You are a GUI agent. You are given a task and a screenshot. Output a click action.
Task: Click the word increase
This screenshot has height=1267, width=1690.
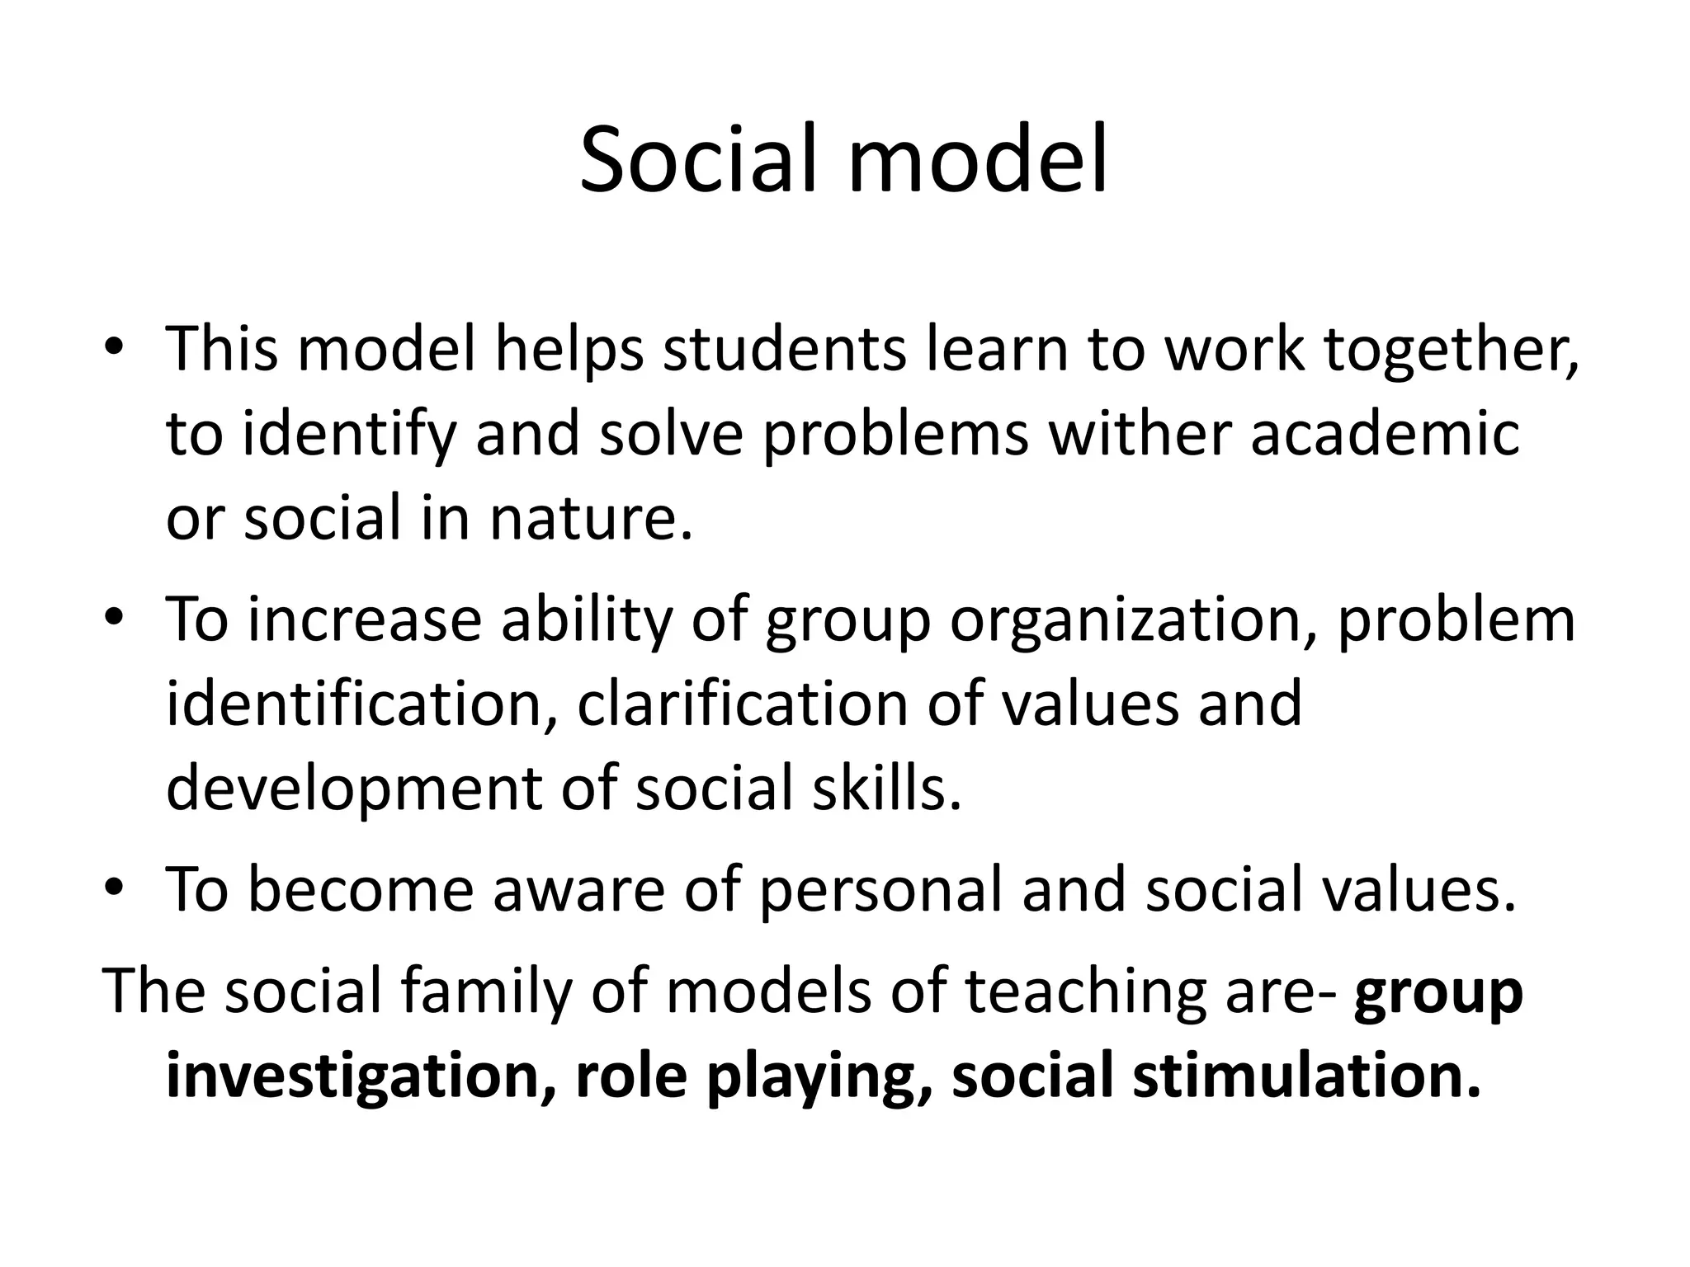click(x=364, y=619)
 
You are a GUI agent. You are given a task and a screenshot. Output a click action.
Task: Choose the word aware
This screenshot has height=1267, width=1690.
click(x=578, y=891)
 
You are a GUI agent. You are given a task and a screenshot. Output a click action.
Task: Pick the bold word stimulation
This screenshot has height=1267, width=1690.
click(x=1306, y=1076)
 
